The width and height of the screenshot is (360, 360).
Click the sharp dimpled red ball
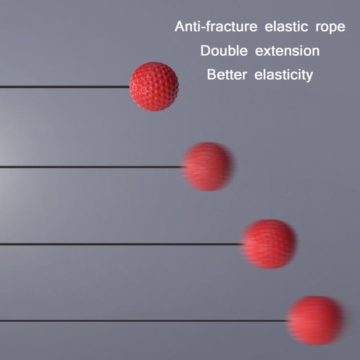click(154, 86)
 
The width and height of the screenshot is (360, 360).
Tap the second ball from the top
click(208, 167)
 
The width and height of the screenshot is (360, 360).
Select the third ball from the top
click(269, 244)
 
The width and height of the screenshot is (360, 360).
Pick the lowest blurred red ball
click(316, 321)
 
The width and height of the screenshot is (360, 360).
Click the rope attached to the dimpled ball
click(64, 87)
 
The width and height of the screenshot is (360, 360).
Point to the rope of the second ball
click(92, 167)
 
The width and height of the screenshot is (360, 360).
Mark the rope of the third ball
click(121, 244)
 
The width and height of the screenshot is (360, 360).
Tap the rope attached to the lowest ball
click(144, 321)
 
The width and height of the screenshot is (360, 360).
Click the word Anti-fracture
click(216, 26)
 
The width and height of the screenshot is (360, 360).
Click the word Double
click(224, 50)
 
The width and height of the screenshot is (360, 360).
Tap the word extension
click(287, 51)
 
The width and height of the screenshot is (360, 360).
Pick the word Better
click(227, 74)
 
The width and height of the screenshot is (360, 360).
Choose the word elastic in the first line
click(286, 26)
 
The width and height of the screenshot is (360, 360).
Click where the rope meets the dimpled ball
click(130, 87)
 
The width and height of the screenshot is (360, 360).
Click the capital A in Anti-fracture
click(179, 26)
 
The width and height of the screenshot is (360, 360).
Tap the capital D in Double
click(205, 50)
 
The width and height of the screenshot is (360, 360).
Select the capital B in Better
click(211, 74)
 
